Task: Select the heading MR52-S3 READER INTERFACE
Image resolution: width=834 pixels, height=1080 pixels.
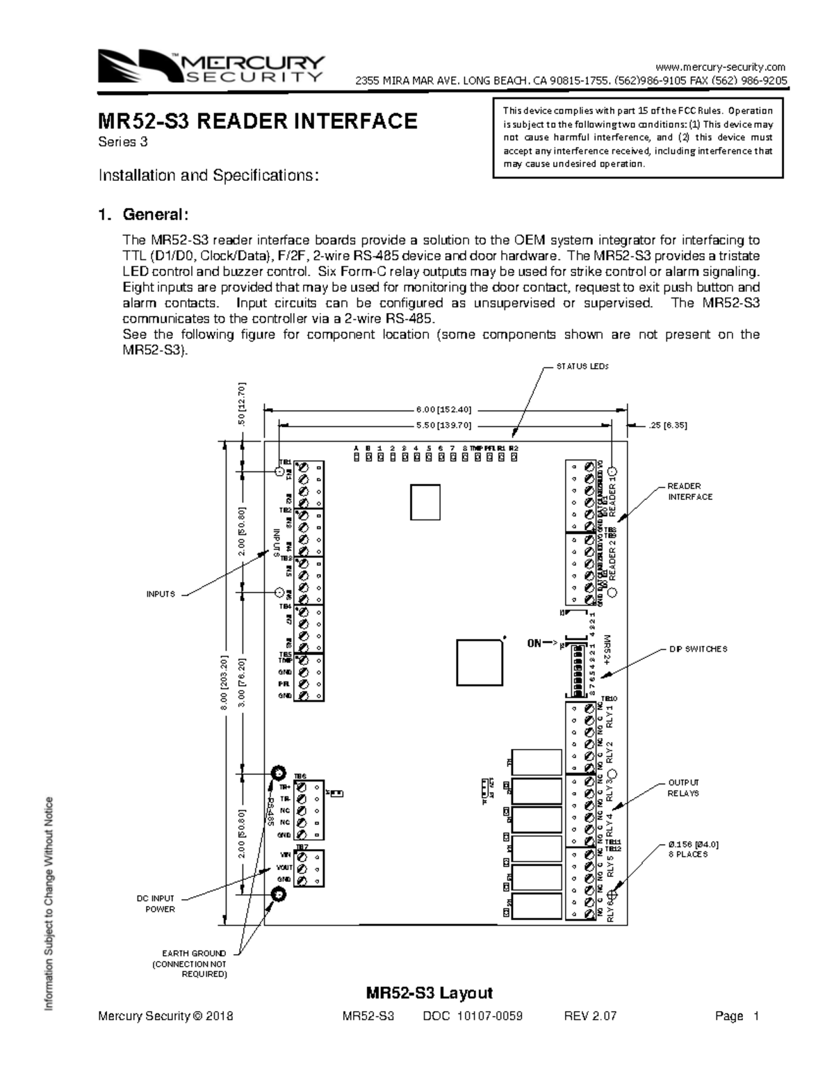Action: [x=257, y=122]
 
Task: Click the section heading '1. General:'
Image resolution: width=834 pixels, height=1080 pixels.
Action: [x=142, y=213]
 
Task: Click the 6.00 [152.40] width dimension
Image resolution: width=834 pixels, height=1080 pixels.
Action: [x=444, y=409]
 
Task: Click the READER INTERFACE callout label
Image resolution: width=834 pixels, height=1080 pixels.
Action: [x=689, y=492]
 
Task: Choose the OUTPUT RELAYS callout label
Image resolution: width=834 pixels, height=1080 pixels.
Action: [x=683, y=787]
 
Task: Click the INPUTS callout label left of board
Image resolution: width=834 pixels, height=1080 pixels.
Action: [x=161, y=595]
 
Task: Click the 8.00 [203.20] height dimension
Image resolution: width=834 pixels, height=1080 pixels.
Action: [x=224, y=682]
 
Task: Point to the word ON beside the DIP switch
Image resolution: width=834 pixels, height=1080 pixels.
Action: [x=534, y=643]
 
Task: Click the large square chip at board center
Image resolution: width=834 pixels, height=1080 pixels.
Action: [x=480, y=661]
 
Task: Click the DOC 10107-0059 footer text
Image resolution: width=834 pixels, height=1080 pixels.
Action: [x=473, y=1016]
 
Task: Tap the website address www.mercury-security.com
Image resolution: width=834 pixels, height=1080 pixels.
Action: [x=721, y=67]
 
